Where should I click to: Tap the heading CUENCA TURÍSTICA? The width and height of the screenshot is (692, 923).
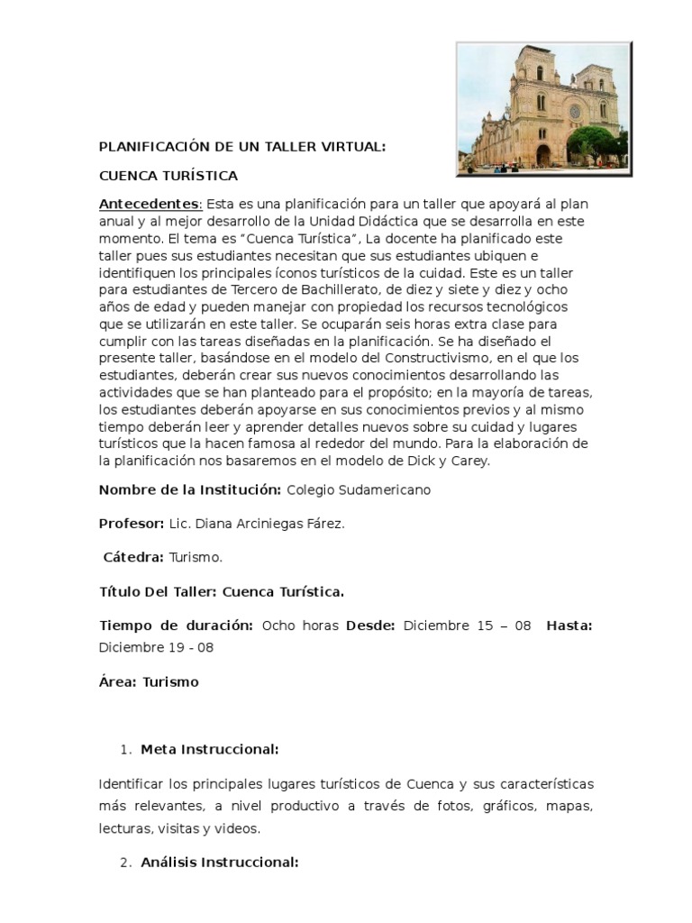pyautogui.click(x=168, y=174)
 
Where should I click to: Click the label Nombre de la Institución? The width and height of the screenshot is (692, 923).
pyautogui.click(x=190, y=489)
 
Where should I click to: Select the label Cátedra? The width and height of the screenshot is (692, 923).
pyautogui.click(x=133, y=558)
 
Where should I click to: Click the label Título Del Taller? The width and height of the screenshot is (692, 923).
pyautogui.click(x=157, y=592)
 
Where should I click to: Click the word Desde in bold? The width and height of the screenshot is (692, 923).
pyautogui.click(x=370, y=626)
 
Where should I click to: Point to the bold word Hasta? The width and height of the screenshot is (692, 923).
pyautogui.click(x=569, y=626)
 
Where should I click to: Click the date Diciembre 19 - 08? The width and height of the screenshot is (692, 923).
pyautogui.click(x=156, y=647)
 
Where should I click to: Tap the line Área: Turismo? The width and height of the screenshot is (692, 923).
pyautogui.click(x=149, y=681)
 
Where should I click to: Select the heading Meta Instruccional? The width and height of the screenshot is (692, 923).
pyautogui.click(x=210, y=749)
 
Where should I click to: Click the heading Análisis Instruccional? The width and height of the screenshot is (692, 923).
pyautogui.click(x=220, y=862)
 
